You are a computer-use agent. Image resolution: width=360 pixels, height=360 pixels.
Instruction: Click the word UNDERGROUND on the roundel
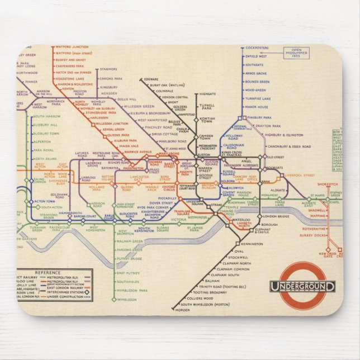(302, 287)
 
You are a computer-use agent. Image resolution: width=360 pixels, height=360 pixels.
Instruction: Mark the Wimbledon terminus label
(128, 300)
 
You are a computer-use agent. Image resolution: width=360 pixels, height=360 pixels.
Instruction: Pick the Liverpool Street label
(300, 175)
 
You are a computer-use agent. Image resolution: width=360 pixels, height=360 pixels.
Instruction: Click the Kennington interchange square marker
(237, 244)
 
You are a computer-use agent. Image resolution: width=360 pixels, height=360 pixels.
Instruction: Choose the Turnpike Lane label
(257, 97)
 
